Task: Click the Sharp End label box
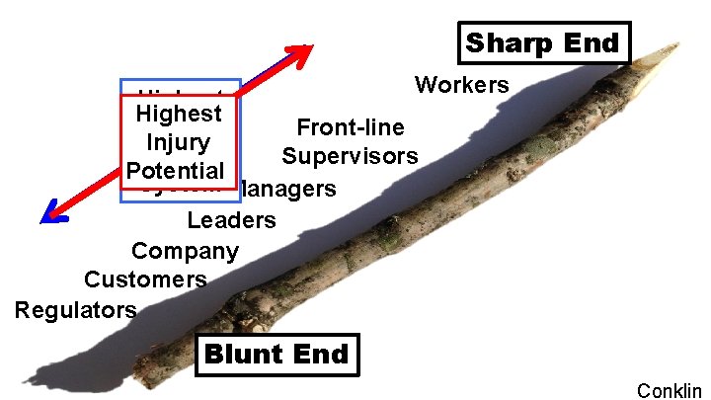coord(543,43)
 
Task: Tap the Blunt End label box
coord(276,355)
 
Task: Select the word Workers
coord(462,85)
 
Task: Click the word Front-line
coord(351,127)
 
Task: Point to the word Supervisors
coord(350,156)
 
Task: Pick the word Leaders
coord(232,219)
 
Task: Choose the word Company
coord(186,251)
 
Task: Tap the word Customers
coord(146,280)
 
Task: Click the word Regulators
coord(76,310)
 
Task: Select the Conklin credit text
coord(670,389)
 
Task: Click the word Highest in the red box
coord(179,114)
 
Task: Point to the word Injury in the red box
coord(178,142)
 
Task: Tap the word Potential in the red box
coord(178,170)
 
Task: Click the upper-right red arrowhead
coord(300,52)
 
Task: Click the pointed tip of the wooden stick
coord(677,44)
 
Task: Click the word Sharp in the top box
coord(505,43)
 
